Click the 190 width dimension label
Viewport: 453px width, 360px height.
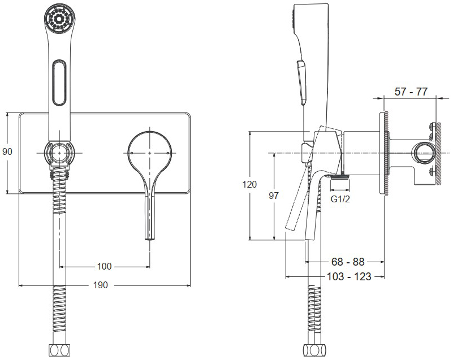pyautogui.click(x=101, y=285)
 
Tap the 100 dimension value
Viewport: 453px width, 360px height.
pyautogui.click(x=104, y=266)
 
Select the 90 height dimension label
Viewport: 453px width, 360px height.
pyautogui.click(x=7, y=151)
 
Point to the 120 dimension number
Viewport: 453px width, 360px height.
pyautogui.click(x=249, y=184)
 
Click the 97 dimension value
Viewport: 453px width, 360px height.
pyautogui.click(x=274, y=196)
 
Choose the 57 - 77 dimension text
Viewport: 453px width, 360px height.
pyautogui.click(x=411, y=92)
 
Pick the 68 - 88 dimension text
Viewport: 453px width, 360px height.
pyautogui.click(x=348, y=262)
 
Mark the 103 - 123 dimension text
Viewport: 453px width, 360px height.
pyautogui.click(x=349, y=276)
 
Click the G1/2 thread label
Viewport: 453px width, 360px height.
pyautogui.click(x=340, y=199)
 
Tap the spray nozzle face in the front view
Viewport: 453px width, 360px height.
pyautogui.click(x=60, y=19)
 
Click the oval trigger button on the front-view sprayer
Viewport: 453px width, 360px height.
pyautogui.click(x=59, y=83)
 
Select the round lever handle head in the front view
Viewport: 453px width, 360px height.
pyautogui.click(x=150, y=153)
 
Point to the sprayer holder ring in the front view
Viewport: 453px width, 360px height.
pyautogui.click(x=60, y=153)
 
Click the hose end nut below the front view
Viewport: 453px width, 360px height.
pyautogui.click(x=60, y=350)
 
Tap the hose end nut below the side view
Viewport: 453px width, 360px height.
pyautogui.click(x=314, y=350)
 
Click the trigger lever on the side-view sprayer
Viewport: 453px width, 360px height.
pyautogui.click(x=301, y=82)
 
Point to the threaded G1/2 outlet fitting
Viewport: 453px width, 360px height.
pyautogui.click(x=340, y=177)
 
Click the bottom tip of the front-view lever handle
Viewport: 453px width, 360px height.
pyautogui.click(x=150, y=239)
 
